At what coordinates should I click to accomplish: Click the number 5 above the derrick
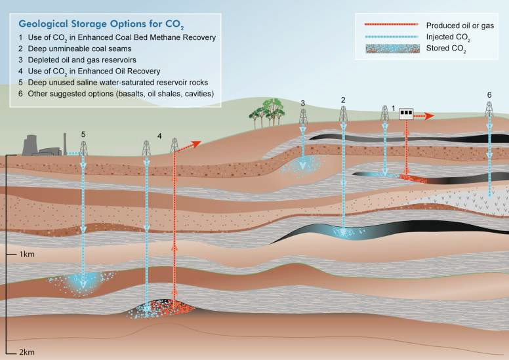pyautogui.click(x=83, y=134)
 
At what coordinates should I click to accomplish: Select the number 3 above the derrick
pyautogui.click(x=302, y=103)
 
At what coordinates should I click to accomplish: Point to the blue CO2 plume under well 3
pyautogui.click(x=302, y=165)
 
